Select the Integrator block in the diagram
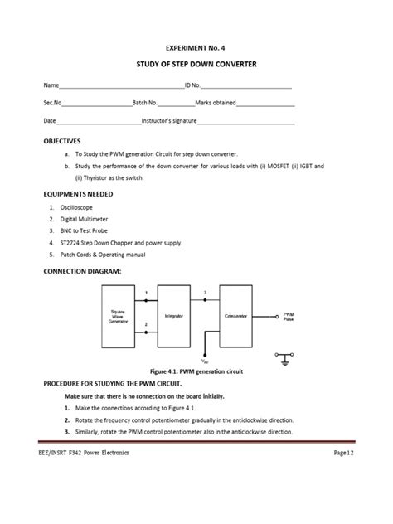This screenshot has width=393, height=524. click(x=172, y=316)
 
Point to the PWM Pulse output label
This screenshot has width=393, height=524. click(x=288, y=316)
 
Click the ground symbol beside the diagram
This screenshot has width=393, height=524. click(x=285, y=360)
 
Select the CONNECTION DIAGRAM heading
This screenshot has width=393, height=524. click(x=82, y=271)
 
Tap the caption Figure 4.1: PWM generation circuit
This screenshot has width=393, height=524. click(x=196, y=372)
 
